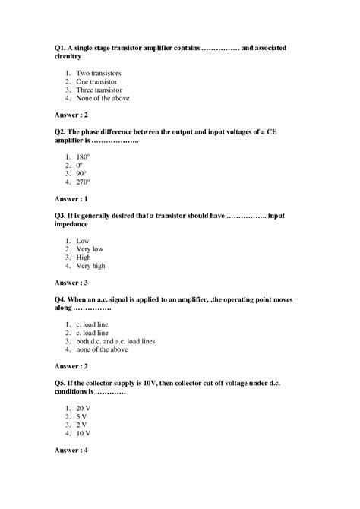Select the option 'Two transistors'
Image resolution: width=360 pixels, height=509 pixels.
tap(99, 73)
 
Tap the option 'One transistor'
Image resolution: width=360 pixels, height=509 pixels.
tap(96, 81)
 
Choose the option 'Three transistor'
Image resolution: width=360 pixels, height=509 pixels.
tap(99, 90)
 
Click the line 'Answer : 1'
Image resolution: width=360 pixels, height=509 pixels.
tap(71, 199)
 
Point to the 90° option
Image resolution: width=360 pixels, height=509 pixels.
tap(81, 174)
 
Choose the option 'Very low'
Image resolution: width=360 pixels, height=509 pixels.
tap(90, 249)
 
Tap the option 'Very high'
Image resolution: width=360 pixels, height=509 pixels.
tap(91, 266)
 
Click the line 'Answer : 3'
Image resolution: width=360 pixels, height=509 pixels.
tap(71, 283)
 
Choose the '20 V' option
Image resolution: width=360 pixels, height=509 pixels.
tap(84, 408)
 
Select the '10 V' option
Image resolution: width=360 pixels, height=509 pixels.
tap(84, 433)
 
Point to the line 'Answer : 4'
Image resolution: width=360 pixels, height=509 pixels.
tap(71, 451)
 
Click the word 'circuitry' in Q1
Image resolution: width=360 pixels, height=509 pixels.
tap(71, 56)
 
